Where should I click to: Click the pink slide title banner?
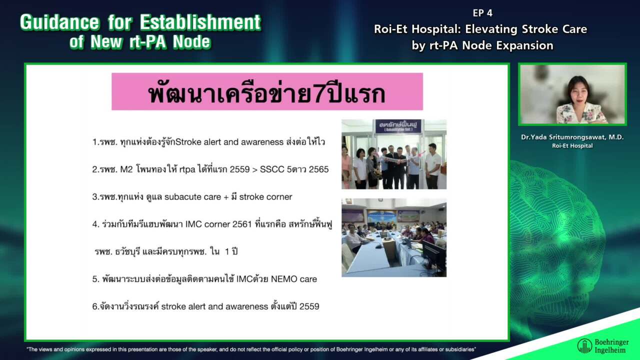(267, 91)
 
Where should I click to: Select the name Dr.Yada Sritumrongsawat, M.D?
(572, 137)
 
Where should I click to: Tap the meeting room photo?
(393, 237)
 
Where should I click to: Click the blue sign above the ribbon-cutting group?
(398, 126)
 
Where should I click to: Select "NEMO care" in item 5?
(294, 279)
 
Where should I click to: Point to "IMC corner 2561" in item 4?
(215, 224)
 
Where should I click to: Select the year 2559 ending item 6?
(309, 306)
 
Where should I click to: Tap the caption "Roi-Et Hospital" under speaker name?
(572, 146)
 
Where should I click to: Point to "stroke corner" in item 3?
(265, 197)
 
